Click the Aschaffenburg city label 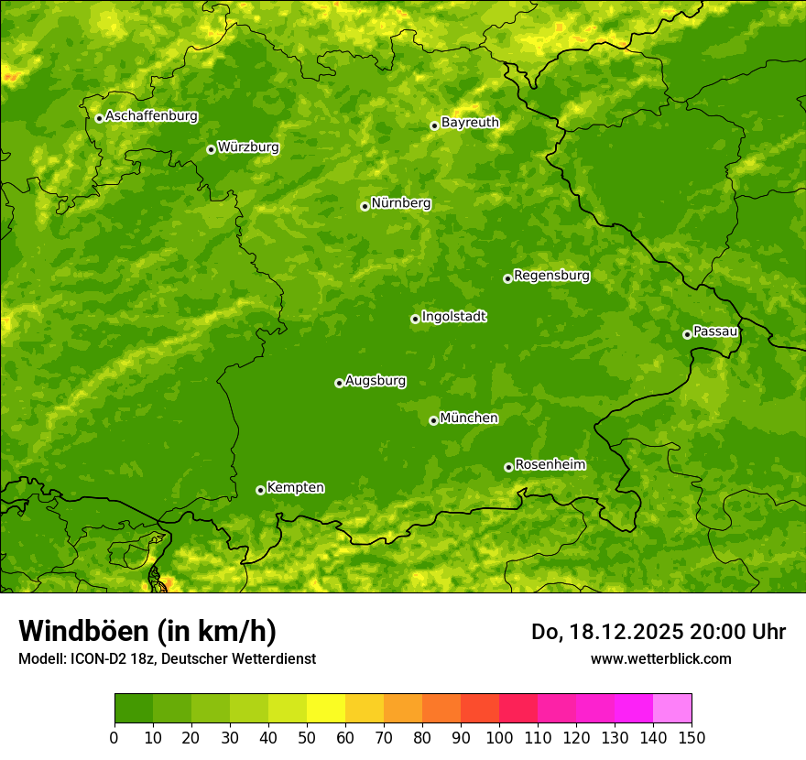pyautogui.click(x=151, y=116)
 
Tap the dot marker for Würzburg pyautogui.click(x=211, y=149)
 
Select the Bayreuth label pyautogui.click(x=470, y=122)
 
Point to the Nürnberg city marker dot pyautogui.click(x=365, y=206)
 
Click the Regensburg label pyautogui.click(x=551, y=275)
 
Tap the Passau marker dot pyautogui.click(x=687, y=334)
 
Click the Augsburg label pyautogui.click(x=375, y=381)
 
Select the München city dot pyautogui.click(x=433, y=420)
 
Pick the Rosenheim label pyautogui.click(x=550, y=464)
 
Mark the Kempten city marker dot pyautogui.click(x=260, y=490)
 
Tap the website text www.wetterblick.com pyautogui.click(x=660, y=658)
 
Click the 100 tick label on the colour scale pyautogui.click(x=499, y=737)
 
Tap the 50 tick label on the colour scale pyautogui.click(x=307, y=737)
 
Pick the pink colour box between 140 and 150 pyautogui.click(x=672, y=709)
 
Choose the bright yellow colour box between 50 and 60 pyautogui.click(x=326, y=709)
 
